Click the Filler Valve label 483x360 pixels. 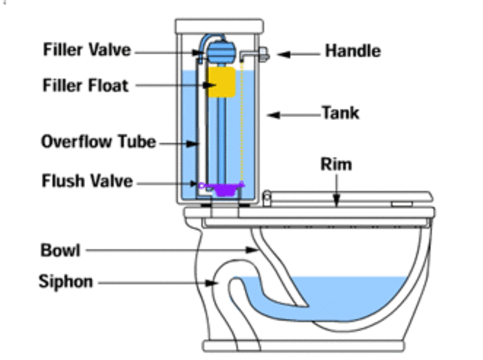click(87, 50)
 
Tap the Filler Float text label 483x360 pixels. click(86, 86)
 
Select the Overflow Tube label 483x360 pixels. click(99, 142)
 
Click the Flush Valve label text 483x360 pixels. click(87, 181)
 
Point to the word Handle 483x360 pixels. click(353, 51)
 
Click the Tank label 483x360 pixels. click(341, 113)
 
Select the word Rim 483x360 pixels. click(336, 164)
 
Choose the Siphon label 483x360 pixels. click(66, 282)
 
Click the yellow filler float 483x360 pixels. click(221, 82)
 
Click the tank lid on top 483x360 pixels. click(219, 26)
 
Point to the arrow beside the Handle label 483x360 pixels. click(298, 54)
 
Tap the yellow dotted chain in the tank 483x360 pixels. click(242, 121)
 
